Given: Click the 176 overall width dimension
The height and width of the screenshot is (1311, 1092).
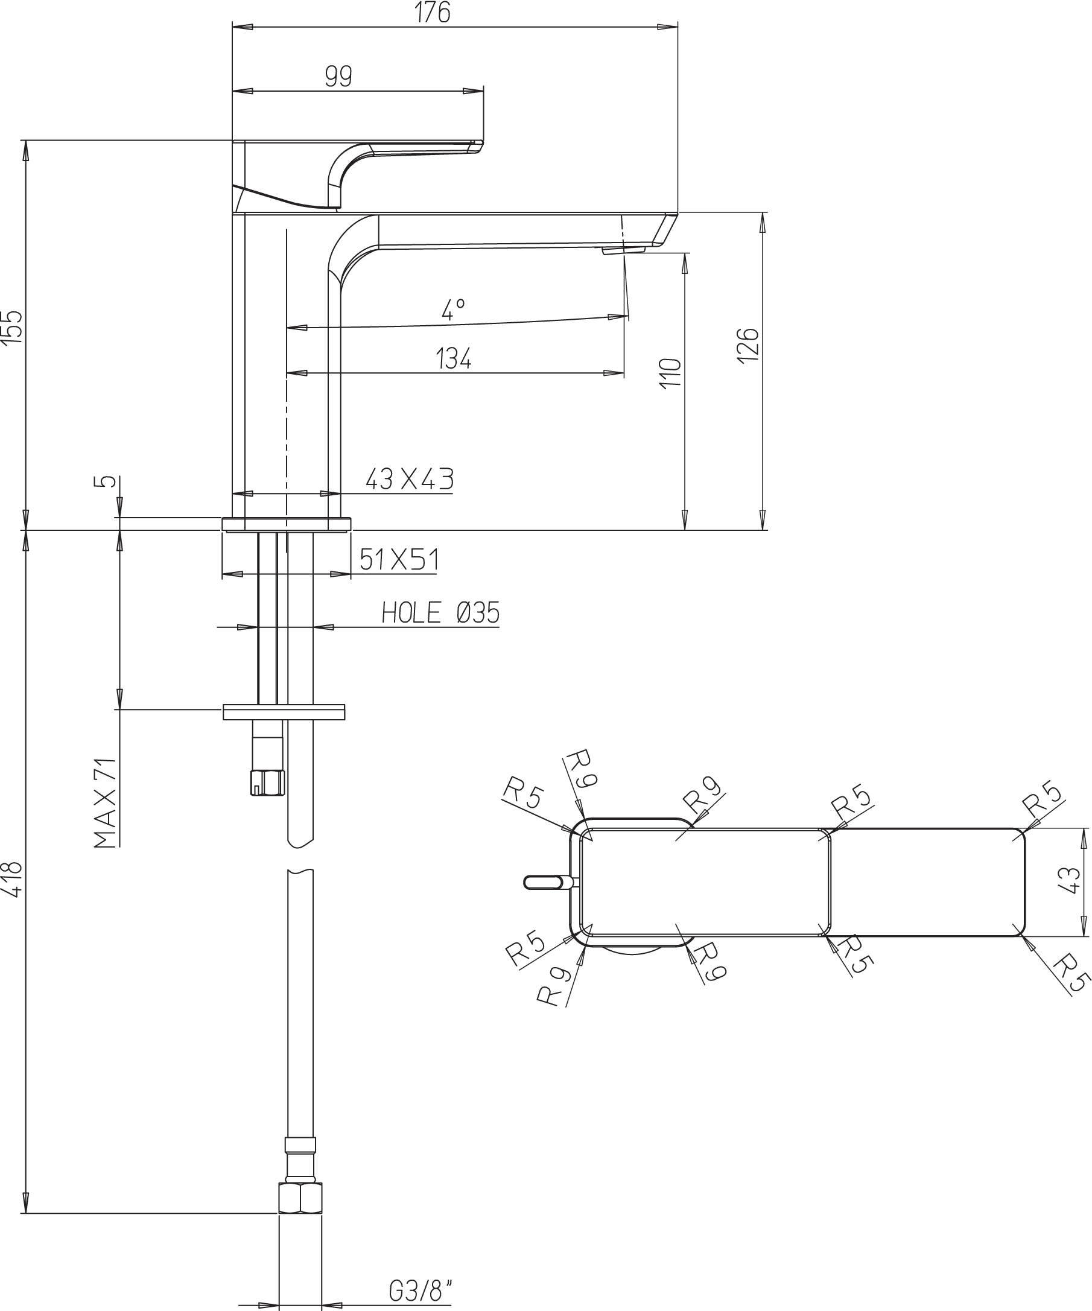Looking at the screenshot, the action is point(433,13).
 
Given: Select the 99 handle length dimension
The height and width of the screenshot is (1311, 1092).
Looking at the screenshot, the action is point(338,76).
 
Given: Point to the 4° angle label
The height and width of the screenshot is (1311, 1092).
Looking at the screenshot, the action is point(453,309).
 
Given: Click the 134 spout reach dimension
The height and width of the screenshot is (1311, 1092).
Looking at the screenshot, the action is point(453,358).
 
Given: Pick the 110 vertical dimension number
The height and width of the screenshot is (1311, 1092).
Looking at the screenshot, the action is point(670,373).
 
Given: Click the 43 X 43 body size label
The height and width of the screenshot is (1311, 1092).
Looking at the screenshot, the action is point(409,479).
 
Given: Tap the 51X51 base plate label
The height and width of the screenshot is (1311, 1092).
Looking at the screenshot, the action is point(399,559).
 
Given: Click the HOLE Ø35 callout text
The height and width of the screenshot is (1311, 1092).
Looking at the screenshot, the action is point(441,613).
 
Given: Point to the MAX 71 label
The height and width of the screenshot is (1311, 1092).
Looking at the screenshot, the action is point(106,802).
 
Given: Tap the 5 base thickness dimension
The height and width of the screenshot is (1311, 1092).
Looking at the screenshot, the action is point(108,481).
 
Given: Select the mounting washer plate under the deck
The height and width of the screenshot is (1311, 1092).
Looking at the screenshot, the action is point(284,712).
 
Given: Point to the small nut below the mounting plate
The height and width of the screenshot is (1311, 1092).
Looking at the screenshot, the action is point(267,782).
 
